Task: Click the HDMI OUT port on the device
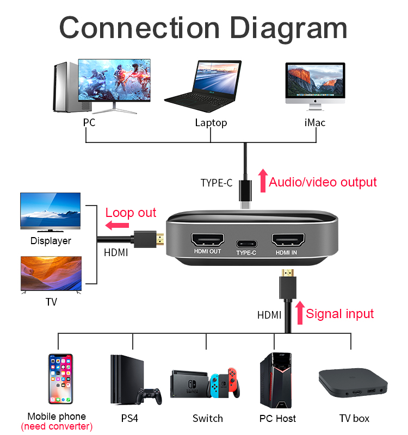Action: [207, 240]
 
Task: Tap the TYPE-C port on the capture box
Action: [246, 243]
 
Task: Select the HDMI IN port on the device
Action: [286, 240]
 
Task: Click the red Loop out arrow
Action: [116, 226]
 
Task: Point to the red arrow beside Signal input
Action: [299, 313]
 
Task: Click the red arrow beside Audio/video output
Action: [263, 181]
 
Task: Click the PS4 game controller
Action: [149, 396]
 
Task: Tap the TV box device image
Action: [353, 384]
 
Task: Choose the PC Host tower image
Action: [275, 380]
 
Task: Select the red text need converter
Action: [57, 427]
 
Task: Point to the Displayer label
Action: [51, 241]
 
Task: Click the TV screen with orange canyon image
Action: [51, 274]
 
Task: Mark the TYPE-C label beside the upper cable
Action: [216, 183]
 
